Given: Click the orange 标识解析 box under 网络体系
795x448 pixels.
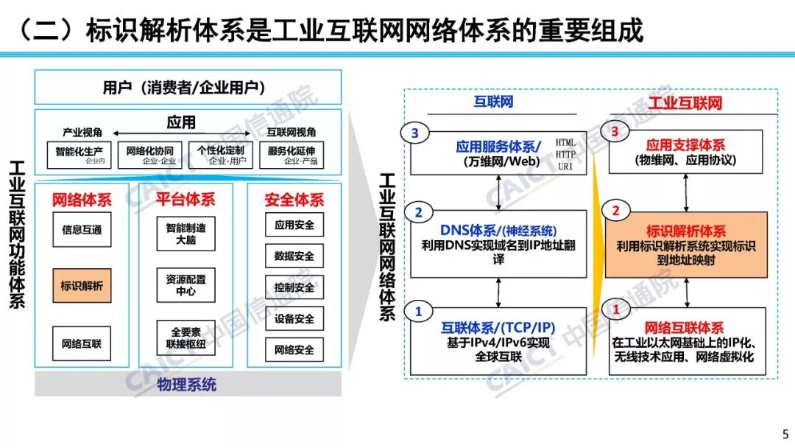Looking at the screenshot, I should [82, 285].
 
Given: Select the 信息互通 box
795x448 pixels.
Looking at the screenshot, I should [82, 230].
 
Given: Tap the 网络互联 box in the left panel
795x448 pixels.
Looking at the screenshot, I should [82, 343].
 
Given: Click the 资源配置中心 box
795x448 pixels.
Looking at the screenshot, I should [186, 285].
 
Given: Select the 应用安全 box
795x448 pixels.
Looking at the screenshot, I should [294, 225].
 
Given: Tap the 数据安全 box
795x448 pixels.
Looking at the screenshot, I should [294, 256].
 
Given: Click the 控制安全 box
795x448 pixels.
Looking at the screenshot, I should [294, 287].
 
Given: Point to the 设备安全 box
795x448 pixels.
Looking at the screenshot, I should [294, 319].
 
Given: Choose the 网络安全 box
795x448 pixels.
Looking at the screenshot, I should [294, 350].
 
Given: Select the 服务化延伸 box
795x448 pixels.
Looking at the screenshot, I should [292, 153].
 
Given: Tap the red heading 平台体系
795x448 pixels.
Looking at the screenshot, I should [186, 200].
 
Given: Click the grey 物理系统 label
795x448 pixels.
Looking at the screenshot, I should [187, 385].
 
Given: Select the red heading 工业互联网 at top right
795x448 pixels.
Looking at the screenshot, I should [685, 102].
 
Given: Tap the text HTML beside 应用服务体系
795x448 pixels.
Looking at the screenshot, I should [566, 142].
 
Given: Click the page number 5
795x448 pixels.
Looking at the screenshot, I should [784, 433].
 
